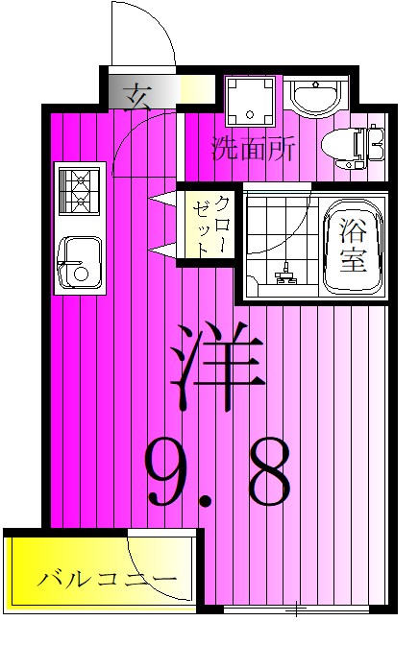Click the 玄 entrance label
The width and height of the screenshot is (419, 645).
click(140, 95)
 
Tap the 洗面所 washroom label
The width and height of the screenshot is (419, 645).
click(253, 149)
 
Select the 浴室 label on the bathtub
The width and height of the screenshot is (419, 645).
click(352, 246)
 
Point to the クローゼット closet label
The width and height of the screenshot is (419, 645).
click(211, 225)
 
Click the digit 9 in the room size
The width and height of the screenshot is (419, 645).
click(174, 471)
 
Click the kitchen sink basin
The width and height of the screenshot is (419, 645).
click(78, 263)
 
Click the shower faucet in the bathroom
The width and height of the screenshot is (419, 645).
click(283, 276)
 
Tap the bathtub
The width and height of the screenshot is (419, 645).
click(352, 248)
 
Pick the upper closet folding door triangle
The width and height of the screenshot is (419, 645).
click(164, 200)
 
